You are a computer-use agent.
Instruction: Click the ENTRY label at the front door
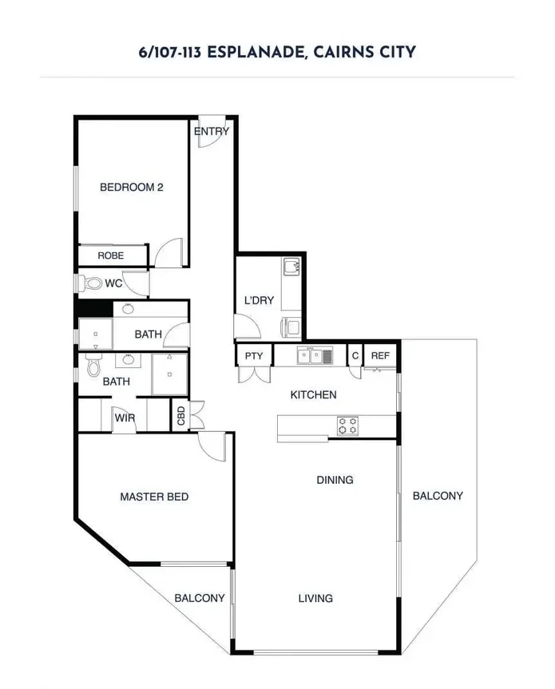tap(211, 132)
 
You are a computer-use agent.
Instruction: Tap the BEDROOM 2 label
tap(131, 188)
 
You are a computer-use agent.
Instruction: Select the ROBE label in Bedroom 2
tap(110, 255)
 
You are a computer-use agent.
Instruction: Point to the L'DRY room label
tap(259, 301)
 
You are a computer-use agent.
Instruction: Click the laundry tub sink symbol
tap(291, 266)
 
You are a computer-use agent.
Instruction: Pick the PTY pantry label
tap(254, 356)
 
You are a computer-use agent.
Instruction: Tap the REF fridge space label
tap(380, 356)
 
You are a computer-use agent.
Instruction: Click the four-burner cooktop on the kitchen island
tap(347, 426)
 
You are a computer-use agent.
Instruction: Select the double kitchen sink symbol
tap(315, 355)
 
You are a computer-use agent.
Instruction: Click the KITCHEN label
tap(313, 394)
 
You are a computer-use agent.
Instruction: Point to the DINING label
tap(335, 480)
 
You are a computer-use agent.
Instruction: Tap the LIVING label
tap(315, 598)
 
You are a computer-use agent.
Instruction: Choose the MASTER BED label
tap(154, 497)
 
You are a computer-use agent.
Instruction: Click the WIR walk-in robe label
tap(124, 418)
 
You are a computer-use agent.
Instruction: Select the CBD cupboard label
tap(181, 416)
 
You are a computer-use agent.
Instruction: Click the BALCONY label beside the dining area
tap(437, 496)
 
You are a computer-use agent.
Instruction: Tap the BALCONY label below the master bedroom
tap(199, 598)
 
